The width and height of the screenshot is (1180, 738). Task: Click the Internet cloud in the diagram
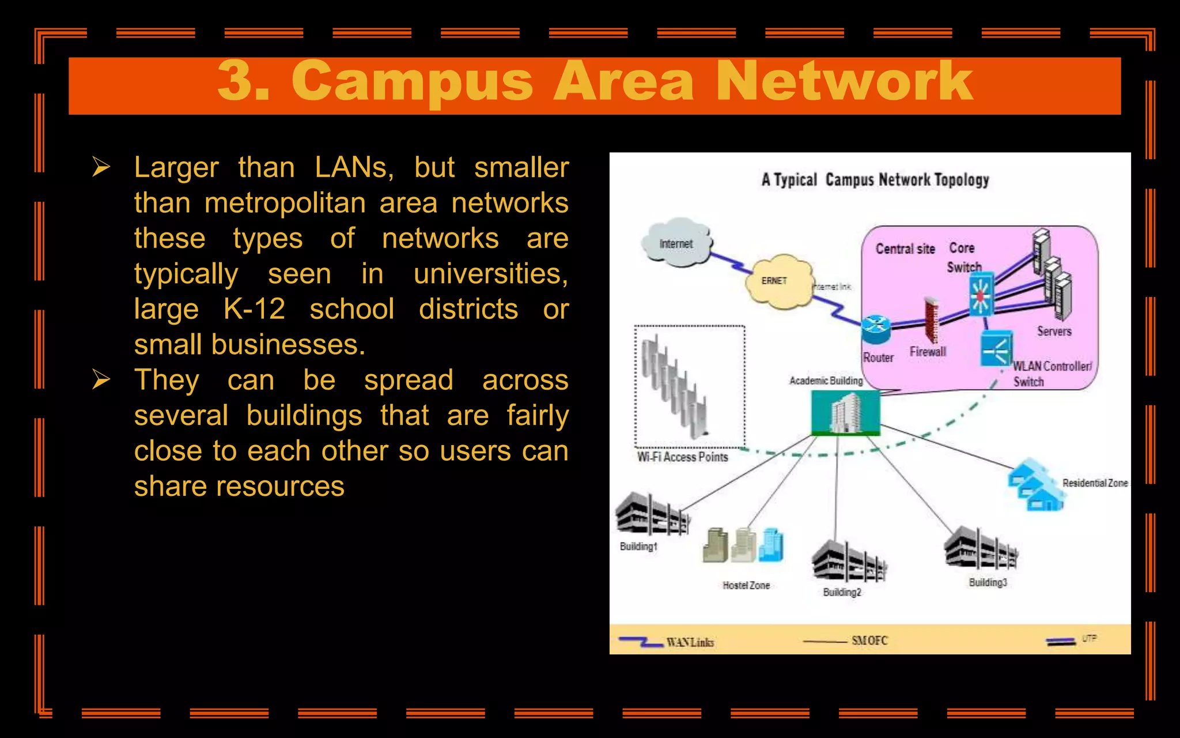pyautogui.click(x=676, y=243)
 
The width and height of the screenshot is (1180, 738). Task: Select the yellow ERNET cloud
pyautogui.click(x=777, y=281)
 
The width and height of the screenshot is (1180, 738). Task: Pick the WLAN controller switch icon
pyautogui.click(x=996, y=348)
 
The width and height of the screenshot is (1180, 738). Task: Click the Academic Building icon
pyautogui.click(x=845, y=412)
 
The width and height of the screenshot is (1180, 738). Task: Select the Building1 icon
pyautogui.click(x=652, y=514)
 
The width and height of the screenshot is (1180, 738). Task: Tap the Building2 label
pyautogui.click(x=842, y=592)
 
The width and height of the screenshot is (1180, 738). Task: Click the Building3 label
pyautogui.click(x=988, y=582)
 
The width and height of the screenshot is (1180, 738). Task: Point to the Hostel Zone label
pyautogui.click(x=746, y=585)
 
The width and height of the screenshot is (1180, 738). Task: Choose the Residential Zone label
pyautogui.click(x=1095, y=483)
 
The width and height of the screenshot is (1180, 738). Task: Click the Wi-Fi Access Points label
pyautogui.click(x=682, y=457)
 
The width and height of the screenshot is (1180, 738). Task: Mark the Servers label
pyautogui.click(x=1054, y=331)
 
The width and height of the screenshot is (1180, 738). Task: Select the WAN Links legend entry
pyautogui.click(x=690, y=642)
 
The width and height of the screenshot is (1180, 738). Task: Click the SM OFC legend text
pyautogui.click(x=869, y=641)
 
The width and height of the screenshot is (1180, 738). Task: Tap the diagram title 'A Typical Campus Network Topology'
pyautogui.click(x=875, y=180)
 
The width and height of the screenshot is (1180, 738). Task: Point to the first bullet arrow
pyautogui.click(x=101, y=167)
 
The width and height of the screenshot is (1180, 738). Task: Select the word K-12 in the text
pyautogui.click(x=254, y=309)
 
